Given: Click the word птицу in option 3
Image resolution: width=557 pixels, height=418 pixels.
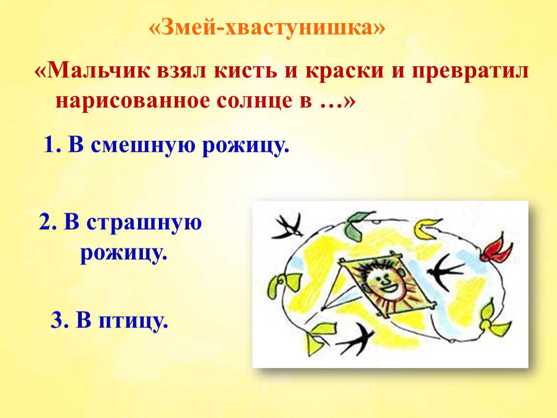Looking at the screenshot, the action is point(133,321).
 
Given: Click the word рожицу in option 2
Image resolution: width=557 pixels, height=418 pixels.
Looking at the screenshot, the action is point(124,254).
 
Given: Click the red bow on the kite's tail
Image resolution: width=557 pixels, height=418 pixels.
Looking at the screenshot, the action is point(496,248).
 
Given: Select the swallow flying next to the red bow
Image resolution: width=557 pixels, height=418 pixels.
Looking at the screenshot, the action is point(445,272).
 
